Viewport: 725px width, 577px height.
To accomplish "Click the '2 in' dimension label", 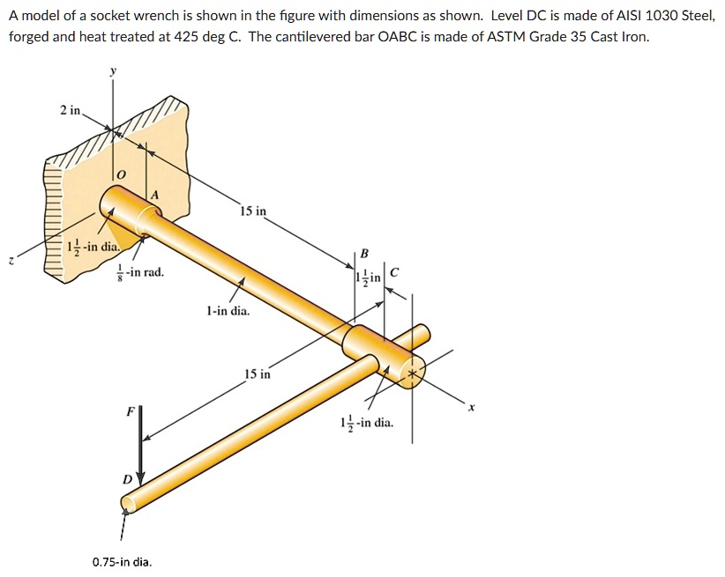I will coord(70,110).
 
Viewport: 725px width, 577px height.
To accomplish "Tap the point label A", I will coord(154,195).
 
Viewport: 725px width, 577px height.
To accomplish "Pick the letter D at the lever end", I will coord(127,478).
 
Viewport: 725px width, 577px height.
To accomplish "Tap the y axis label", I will coord(112,73).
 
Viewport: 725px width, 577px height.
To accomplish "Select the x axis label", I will coord(471,407).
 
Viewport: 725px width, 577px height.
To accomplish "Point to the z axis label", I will coord(11,261).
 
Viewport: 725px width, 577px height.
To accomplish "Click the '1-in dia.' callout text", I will coord(228,311).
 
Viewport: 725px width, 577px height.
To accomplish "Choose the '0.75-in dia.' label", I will coord(122,561).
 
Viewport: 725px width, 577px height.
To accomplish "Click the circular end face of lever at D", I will coord(128,503).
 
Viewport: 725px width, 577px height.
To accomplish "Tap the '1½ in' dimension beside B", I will coord(367,277).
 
